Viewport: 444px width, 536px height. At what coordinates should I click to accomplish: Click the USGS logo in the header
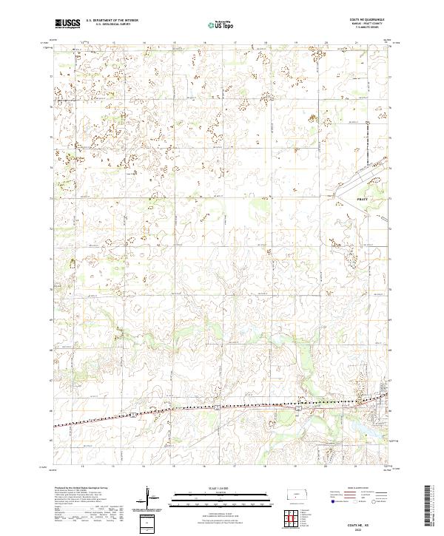click(67, 24)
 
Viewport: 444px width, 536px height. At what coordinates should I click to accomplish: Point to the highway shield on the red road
click(298, 409)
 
